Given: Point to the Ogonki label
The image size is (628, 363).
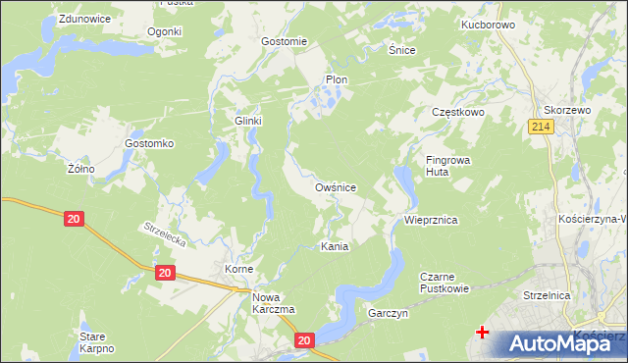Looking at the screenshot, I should [165, 31].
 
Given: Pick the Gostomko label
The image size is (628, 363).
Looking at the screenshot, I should [149, 143].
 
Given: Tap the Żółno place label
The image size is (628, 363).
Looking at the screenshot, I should [80, 169].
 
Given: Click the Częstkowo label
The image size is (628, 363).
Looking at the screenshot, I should [459, 113].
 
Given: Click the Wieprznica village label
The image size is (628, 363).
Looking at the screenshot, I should [431, 221].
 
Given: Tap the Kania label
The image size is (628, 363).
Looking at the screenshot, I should [335, 247].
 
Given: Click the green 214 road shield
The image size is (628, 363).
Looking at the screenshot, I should [539, 127].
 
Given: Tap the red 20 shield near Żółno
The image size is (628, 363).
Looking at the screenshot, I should [74, 220].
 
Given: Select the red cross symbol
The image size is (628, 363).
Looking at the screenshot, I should [482, 333].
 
